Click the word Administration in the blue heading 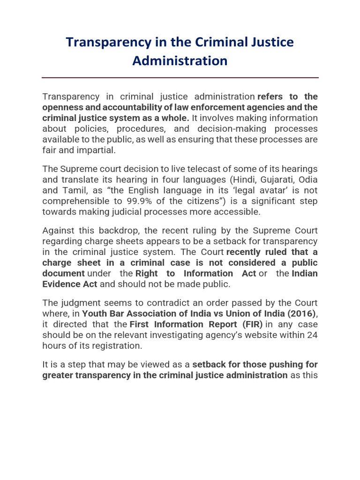click(x=180, y=61)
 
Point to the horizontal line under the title click(x=180, y=78)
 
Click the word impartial click(x=97, y=150)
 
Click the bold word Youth click(x=95, y=314)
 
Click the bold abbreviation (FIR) click(x=250, y=324)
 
